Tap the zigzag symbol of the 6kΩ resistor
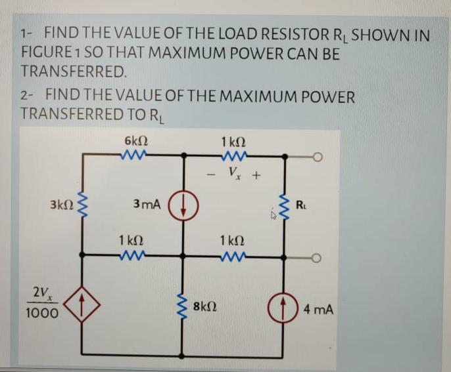(x=135, y=155)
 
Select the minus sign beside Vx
(x=210, y=175)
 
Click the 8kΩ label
(x=208, y=307)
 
